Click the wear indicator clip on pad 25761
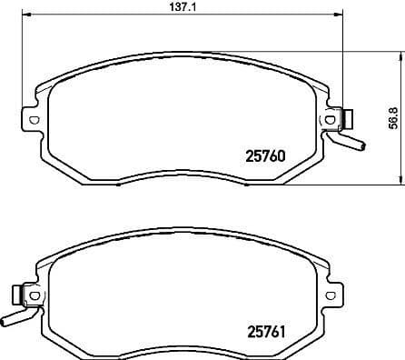[x=16, y=294]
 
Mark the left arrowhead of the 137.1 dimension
[x=25, y=15]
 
